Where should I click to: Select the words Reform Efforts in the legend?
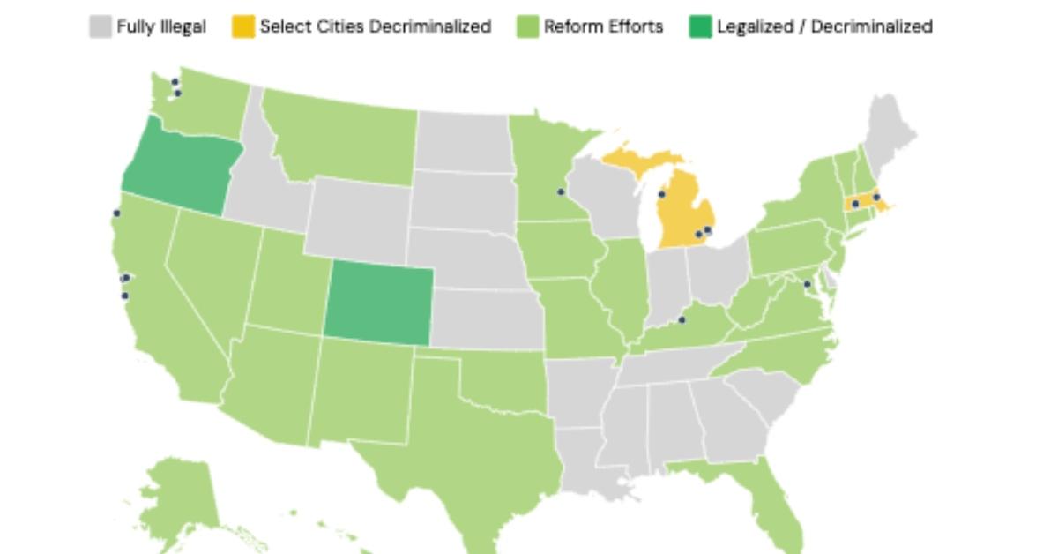[x=603, y=27]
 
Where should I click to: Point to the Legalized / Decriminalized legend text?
[x=823, y=27]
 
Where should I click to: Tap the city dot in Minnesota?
[x=560, y=191]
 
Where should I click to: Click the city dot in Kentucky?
[x=682, y=319]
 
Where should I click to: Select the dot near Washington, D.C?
[x=807, y=284]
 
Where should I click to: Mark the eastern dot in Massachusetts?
[x=876, y=197]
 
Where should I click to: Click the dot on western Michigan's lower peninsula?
[x=662, y=194]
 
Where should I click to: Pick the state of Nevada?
[x=207, y=265]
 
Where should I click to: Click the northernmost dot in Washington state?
[x=175, y=82]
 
